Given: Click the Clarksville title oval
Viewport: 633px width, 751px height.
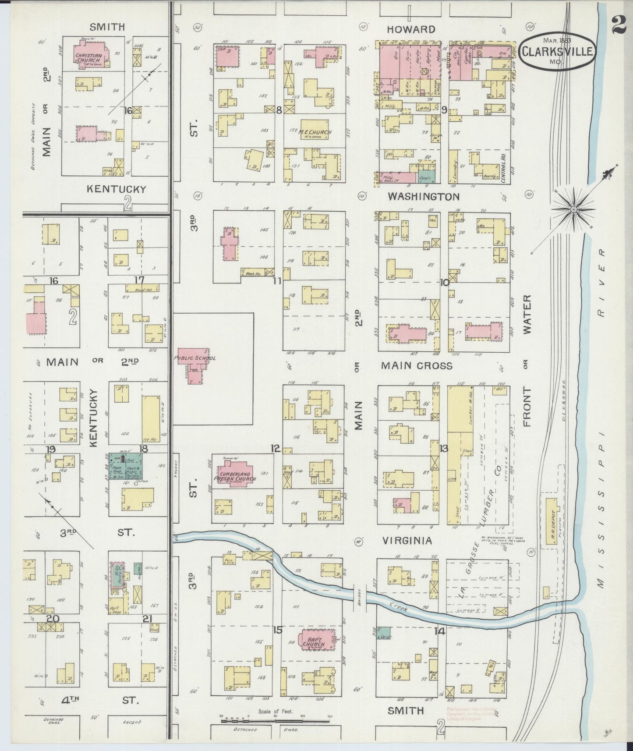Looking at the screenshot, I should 557,52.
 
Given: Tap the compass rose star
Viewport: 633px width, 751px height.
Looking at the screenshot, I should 573,210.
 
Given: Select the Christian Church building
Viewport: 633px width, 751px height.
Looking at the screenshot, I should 89,56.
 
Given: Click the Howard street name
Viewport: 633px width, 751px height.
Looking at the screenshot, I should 411,29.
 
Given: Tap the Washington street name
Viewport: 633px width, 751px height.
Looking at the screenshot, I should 423,196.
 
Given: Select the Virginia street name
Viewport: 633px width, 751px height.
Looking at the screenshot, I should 407,541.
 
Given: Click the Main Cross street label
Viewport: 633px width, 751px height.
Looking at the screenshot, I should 416,365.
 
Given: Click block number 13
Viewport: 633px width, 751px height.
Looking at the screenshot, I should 444,448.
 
